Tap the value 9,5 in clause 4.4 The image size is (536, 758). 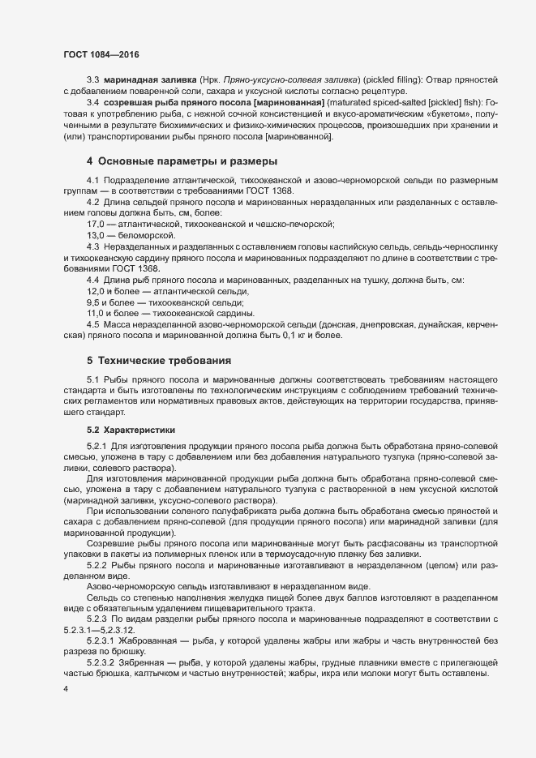tap(93, 302)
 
